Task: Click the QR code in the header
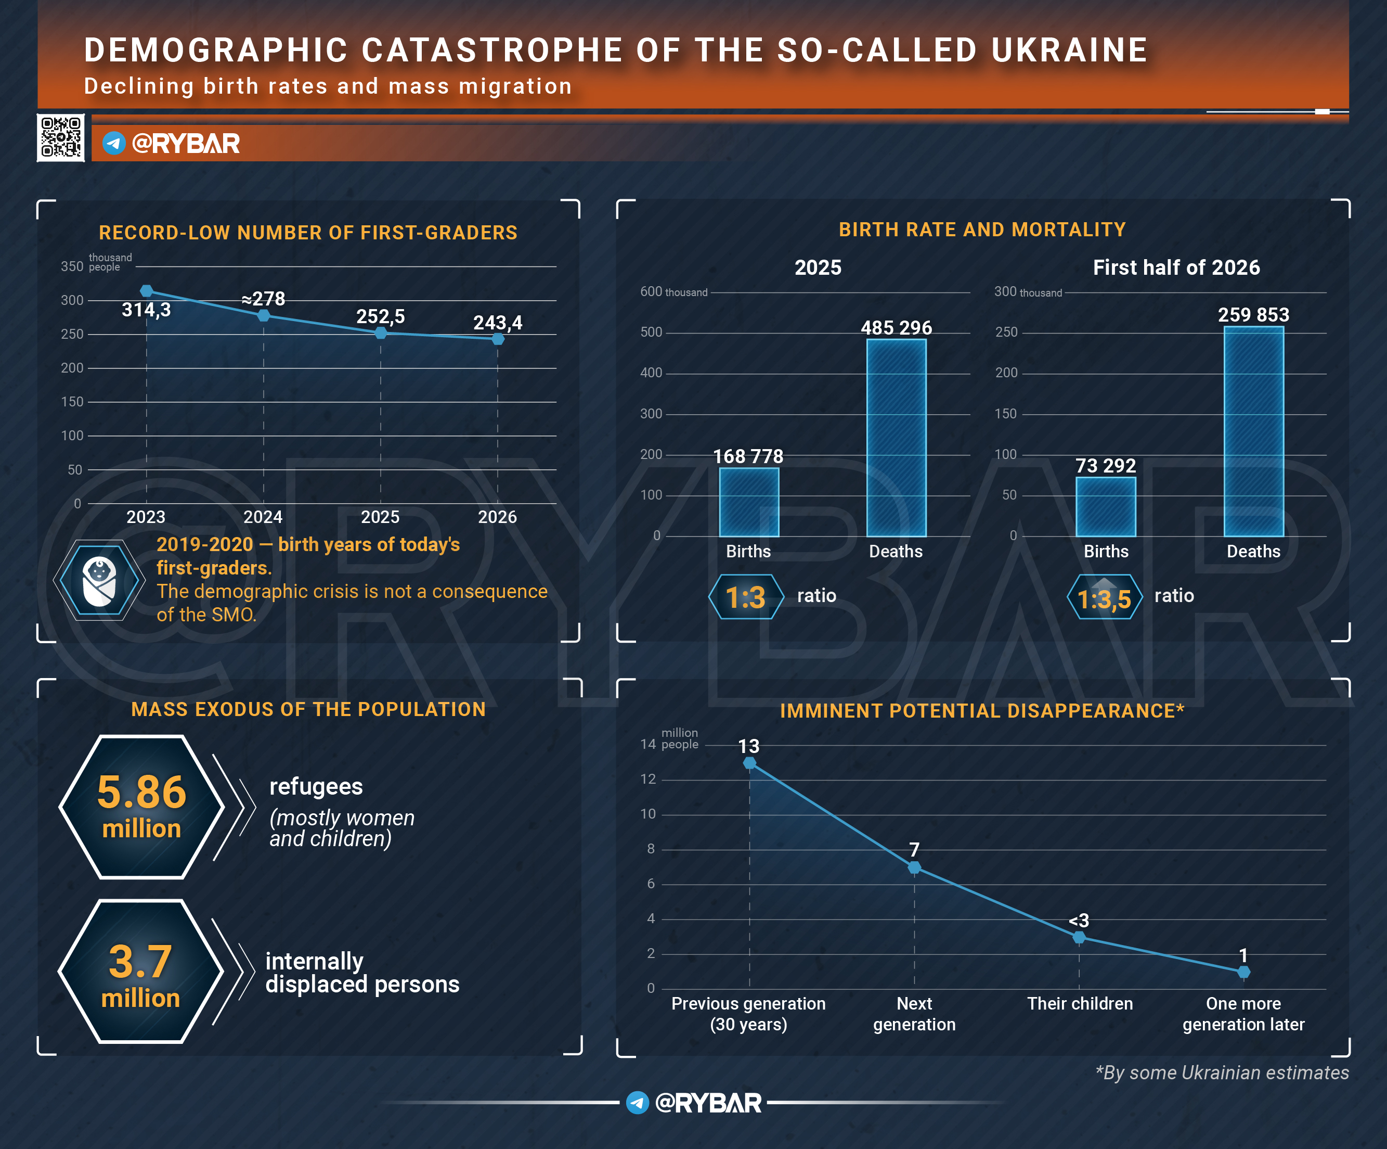coord(61,137)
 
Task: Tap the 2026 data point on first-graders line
coord(498,339)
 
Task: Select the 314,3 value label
coord(146,310)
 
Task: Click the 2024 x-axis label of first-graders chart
coord(263,517)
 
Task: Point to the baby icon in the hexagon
coord(99,581)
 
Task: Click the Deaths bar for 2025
coord(896,438)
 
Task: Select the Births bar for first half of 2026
coord(1106,506)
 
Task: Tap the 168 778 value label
coord(748,456)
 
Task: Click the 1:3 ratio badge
coord(746,597)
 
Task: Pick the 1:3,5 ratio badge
coord(1104,597)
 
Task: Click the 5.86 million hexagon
coord(141,807)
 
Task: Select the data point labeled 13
coord(749,763)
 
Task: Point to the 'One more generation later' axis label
coord(1243,1014)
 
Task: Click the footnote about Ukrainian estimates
coord(1222,1073)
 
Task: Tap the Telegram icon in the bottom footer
coord(638,1102)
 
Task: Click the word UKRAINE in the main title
coord(1070,50)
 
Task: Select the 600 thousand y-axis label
coord(673,291)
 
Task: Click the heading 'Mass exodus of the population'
coord(308,709)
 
